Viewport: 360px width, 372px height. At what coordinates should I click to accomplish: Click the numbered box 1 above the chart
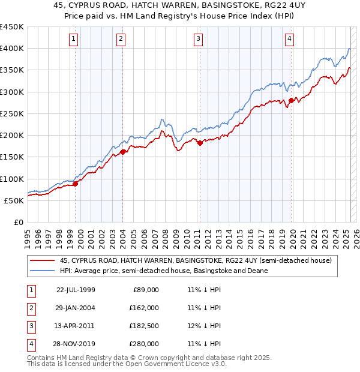(x=73, y=40)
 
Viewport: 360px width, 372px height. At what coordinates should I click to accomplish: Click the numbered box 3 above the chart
(x=198, y=40)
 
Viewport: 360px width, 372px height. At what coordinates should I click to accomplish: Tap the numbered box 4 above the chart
(x=289, y=40)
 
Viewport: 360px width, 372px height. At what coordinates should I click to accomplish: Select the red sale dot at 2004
(x=123, y=152)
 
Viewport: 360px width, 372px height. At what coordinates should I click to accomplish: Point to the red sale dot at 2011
(x=200, y=143)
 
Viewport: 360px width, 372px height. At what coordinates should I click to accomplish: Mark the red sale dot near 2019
(x=292, y=100)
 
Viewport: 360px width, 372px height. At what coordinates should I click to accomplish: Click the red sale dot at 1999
(x=76, y=184)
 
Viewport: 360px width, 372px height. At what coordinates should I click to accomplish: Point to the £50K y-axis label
(x=14, y=201)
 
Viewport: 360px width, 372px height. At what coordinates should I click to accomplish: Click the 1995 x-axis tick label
(x=28, y=235)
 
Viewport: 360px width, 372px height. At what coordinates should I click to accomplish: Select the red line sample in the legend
(x=42, y=260)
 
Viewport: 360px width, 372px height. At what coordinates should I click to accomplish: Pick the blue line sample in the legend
(x=42, y=271)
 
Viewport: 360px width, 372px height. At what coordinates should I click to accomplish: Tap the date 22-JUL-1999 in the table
(x=76, y=290)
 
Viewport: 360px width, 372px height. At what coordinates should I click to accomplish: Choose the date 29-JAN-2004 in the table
(x=76, y=308)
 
